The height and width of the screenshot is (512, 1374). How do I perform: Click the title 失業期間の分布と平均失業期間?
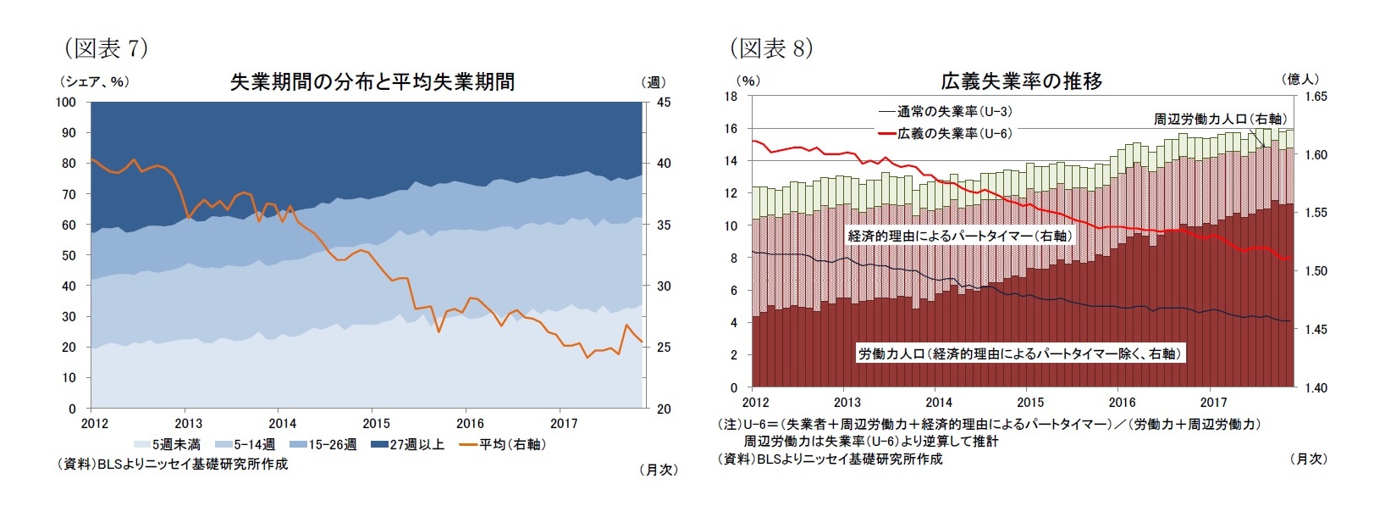(x=372, y=82)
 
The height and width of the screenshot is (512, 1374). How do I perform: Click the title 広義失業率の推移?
(x=1021, y=82)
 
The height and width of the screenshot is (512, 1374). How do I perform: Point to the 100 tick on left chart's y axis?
(x=66, y=103)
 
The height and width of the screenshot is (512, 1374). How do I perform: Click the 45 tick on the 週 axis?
(x=664, y=103)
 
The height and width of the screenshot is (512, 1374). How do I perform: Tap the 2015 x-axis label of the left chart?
(x=377, y=424)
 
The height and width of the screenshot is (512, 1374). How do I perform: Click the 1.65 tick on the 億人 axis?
(x=1316, y=97)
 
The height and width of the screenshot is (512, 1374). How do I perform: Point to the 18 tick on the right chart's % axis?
(x=731, y=97)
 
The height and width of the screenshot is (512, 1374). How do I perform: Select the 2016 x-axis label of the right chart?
(x=1122, y=403)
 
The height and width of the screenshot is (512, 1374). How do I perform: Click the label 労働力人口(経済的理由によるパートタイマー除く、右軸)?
(x=1019, y=353)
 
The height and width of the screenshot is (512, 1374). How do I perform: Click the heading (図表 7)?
(x=107, y=48)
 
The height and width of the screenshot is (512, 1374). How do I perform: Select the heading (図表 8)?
(x=771, y=48)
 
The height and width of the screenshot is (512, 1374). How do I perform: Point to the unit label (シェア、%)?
(x=93, y=82)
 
